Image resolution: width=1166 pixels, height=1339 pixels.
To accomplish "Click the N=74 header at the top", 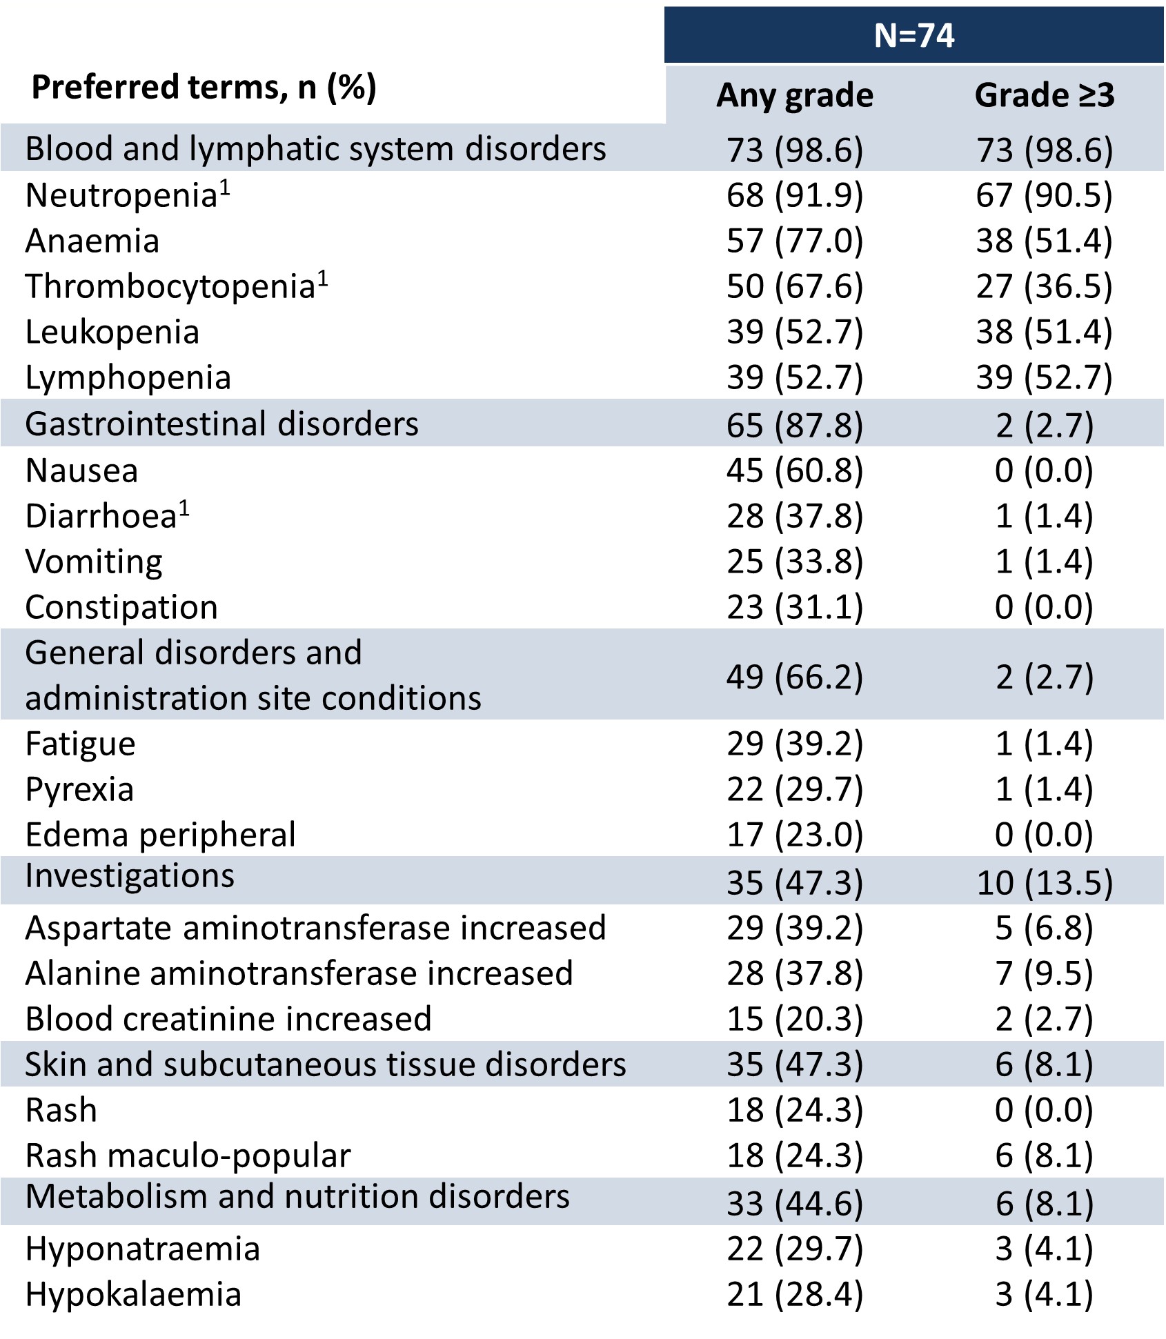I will [x=913, y=35].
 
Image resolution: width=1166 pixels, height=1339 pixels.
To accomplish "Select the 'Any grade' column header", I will [x=795, y=95].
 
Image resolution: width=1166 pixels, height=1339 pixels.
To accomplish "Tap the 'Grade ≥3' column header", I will [x=1044, y=95].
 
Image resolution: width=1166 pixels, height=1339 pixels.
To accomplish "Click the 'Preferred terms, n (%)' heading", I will [x=204, y=88].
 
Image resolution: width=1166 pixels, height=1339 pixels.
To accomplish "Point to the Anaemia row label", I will [x=92, y=241].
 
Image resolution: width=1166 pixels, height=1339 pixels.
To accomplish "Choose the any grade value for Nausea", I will [x=795, y=470].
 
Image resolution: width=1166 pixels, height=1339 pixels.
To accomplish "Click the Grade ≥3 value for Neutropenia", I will [x=1044, y=195].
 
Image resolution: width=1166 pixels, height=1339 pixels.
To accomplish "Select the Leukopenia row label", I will [x=112, y=333].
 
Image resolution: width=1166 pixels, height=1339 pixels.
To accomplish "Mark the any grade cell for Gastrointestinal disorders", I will [x=795, y=425].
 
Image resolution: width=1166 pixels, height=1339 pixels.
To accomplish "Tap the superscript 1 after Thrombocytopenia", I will [x=322, y=279].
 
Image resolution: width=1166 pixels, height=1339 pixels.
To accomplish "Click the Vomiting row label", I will [x=94, y=562].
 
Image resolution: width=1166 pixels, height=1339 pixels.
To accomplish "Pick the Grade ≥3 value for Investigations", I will [x=1044, y=883].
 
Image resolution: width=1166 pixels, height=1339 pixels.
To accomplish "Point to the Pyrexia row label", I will [x=79, y=790].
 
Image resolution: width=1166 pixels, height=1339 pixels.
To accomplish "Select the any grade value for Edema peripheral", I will [x=795, y=835].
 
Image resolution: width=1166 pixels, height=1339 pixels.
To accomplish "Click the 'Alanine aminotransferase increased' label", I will [x=299, y=973].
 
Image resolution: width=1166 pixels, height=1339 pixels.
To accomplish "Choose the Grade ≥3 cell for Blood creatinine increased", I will [x=1044, y=1019].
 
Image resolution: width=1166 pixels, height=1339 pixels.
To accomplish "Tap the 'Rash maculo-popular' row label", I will [x=188, y=1155].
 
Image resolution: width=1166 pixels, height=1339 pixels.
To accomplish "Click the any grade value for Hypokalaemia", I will [x=795, y=1294].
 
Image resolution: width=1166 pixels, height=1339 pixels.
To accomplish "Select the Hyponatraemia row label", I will [x=143, y=1249].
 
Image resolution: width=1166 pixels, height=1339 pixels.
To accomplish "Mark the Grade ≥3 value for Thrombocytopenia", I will [x=1044, y=286].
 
